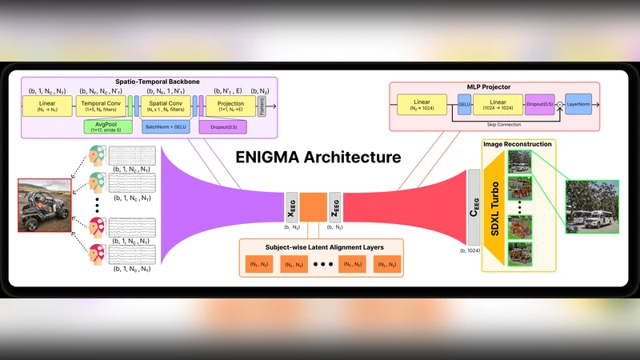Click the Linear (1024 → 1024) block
(x=497, y=104)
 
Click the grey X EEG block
(x=290, y=206)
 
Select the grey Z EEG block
(x=334, y=206)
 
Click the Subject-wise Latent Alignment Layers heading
(x=322, y=246)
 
